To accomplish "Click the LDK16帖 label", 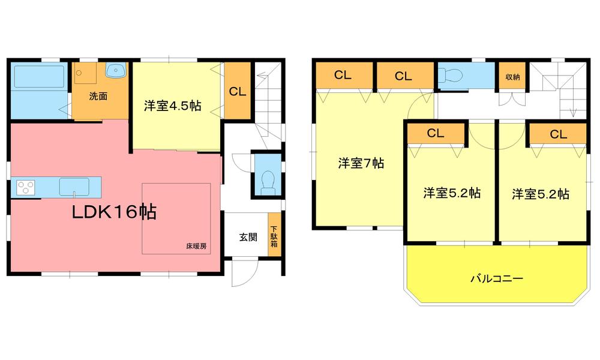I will click(115, 212).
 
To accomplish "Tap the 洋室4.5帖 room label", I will click(172, 106).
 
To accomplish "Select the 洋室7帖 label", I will click(361, 163).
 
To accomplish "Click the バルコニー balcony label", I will click(496, 278).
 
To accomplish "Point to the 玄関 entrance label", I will click(248, 236).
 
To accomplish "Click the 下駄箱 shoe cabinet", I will click(274, 236).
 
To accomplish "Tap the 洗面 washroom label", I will click(98, 95).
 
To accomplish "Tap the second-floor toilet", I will click(450, 75).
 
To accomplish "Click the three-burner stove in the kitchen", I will click(26, 188).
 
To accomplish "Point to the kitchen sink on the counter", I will click(74, 187).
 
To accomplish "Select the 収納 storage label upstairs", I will click(512, 76).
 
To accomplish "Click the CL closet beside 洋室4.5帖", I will click(237, 92).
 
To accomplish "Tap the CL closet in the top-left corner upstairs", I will click(343, 76).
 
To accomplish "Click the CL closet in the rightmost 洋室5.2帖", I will click(558, 134).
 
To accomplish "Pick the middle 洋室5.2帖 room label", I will click(451, 193).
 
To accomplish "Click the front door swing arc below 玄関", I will click(242, 275).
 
